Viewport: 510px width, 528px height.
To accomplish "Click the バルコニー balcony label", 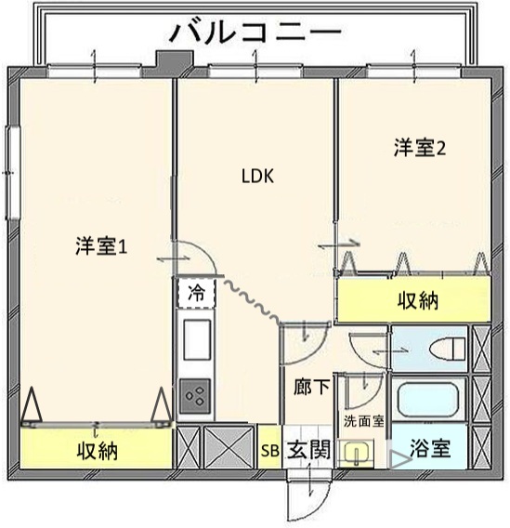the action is (255, 32).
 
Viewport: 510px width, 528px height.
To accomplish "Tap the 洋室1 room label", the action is (101, 246).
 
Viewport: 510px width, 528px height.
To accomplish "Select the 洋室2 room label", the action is (420, 148).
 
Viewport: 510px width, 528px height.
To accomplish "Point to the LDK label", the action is (257, 176).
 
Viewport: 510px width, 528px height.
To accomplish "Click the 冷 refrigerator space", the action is (196, 293).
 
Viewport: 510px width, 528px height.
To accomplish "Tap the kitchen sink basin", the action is (197, 340).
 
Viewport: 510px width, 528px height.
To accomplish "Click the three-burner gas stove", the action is (195, 396).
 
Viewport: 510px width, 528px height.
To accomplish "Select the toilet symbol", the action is (448, 349).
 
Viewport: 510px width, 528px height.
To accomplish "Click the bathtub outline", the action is (428, 399).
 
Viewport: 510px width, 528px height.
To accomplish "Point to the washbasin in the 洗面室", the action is (355, 453).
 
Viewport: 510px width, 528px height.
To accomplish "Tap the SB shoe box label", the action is (270, 451).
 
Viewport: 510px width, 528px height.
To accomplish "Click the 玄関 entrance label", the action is (308, 450).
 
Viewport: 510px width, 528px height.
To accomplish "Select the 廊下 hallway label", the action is (311, 386).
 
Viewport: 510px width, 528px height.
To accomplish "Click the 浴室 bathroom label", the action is (430, 448).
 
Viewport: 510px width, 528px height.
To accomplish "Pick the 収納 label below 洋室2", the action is (417, 300).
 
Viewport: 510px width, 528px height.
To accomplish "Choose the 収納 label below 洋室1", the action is (98, 451).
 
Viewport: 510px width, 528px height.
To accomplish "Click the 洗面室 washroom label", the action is (363, 421).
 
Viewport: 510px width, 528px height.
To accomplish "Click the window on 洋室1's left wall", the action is (13, 173).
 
